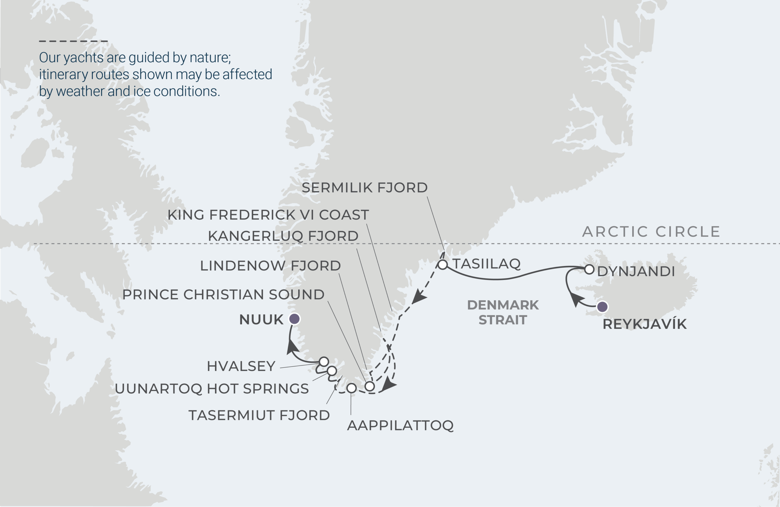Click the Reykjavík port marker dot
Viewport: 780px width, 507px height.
602,307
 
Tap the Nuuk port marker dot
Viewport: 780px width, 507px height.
294,319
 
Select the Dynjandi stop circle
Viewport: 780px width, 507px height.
589,269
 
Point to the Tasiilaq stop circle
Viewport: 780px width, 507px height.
442,264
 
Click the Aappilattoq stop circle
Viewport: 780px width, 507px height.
351,388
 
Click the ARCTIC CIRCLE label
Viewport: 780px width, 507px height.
651,232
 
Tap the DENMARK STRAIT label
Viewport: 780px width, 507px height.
503,312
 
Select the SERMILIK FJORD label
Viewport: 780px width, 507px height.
364,188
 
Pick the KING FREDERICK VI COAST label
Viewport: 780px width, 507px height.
268,215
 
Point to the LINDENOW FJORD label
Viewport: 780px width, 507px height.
270,266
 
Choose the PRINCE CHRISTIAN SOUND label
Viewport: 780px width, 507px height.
223,295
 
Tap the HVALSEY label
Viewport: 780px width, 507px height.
241,366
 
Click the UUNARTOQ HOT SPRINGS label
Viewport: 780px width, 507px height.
212,389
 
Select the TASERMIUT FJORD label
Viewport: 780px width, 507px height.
259,415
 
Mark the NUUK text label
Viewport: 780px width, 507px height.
261,320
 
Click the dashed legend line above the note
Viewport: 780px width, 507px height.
73,41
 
